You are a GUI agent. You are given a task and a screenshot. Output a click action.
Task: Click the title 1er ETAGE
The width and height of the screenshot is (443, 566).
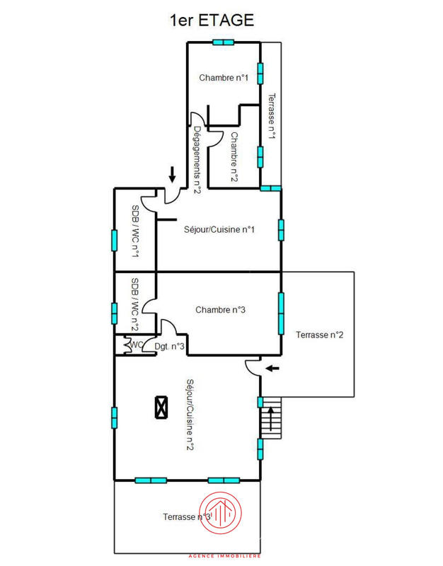pyautogui.click(x=212, y=21)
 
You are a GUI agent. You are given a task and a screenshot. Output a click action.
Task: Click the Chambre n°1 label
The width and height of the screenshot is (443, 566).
pyautogui.click(x=224, y=78)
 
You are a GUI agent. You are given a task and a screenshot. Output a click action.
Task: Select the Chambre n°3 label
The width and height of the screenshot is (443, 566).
pyautogui.click(x=220, y=309)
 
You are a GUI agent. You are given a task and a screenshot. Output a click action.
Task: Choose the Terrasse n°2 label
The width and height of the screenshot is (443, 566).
pyautogui.click(x=320, y=335)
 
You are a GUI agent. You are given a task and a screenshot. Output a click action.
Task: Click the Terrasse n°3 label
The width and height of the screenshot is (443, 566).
pyautogui.click(x=187, y=516)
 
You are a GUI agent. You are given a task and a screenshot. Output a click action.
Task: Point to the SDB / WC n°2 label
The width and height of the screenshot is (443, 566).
pyautogui.click(x=134, y=304)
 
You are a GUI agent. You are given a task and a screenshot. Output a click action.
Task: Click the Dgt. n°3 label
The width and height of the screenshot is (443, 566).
pyautogui.click(x=170, y=346)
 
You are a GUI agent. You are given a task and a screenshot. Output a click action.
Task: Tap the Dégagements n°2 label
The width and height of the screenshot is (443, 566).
pyautogui.click(x=198, y=160)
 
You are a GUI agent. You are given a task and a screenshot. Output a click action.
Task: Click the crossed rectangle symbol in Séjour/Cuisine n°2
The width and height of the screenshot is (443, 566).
pyautogui.click(x=162, y=408)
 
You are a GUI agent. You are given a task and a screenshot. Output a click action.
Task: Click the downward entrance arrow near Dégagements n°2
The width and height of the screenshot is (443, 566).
pyautogui.click(x=172, y=174)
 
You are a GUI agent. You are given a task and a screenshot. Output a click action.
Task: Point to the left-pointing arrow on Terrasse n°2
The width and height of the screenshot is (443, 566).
pyautogui.click(x=272, y=368)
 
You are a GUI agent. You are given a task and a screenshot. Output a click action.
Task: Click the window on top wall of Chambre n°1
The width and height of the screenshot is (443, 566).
pyautogui.click(x=223, y=42)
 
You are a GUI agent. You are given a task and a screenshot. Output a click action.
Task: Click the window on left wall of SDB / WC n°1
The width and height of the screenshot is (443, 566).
pyautogui.click(x=115, y=239)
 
